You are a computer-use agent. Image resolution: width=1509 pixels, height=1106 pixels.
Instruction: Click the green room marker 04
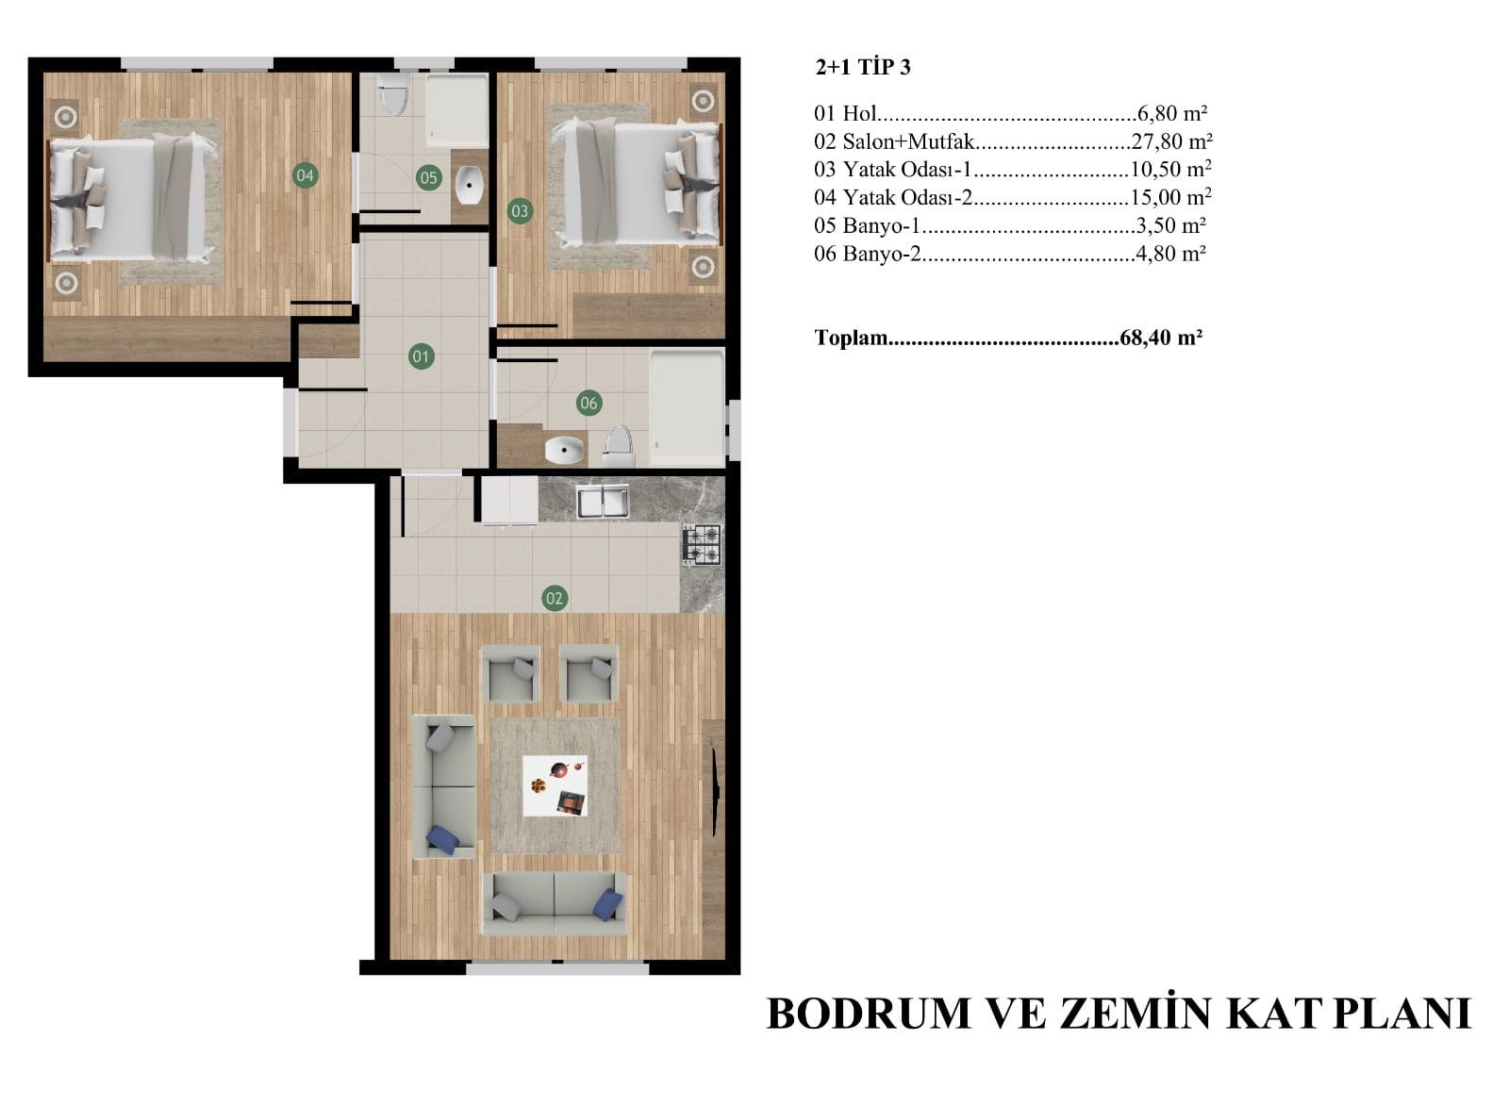pos(306,175)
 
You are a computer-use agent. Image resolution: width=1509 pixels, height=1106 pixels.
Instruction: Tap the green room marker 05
pos(428,178)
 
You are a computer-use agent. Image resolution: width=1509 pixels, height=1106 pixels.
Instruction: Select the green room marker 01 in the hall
pos(421,356)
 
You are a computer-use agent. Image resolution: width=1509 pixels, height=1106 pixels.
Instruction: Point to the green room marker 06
pos(589,403)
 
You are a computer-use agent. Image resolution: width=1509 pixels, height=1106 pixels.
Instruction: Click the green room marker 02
pos(554,598)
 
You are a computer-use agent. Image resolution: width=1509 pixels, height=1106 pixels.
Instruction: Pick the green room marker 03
pos(520,211)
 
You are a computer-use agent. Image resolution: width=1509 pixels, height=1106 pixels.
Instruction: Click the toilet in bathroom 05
pos(392,94)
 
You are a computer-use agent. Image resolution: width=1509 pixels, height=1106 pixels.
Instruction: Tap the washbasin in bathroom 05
pos(469,185)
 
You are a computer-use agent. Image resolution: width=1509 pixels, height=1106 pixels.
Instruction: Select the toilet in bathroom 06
pos(619,446)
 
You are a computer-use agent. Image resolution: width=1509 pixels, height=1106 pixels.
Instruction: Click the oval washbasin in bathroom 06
pos(564,450)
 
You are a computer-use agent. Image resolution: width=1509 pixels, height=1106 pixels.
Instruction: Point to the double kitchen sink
pos(603,502)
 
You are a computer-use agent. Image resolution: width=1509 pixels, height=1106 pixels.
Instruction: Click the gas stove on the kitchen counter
pos(702,544)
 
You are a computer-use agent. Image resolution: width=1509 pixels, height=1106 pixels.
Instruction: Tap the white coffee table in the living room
pos(556,785)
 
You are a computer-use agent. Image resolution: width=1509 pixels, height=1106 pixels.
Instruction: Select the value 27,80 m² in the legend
pos(1171,141)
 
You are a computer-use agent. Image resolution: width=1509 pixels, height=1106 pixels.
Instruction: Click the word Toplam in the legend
pos(851,337)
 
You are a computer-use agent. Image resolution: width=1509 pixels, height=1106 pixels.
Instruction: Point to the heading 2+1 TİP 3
pos(863,67)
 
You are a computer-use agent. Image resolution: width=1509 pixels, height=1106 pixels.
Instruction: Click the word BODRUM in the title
pos(869,1014)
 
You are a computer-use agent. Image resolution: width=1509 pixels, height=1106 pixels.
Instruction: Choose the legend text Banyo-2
pos(881,254)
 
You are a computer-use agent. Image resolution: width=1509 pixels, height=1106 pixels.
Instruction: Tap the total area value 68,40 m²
pos(1161,337)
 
